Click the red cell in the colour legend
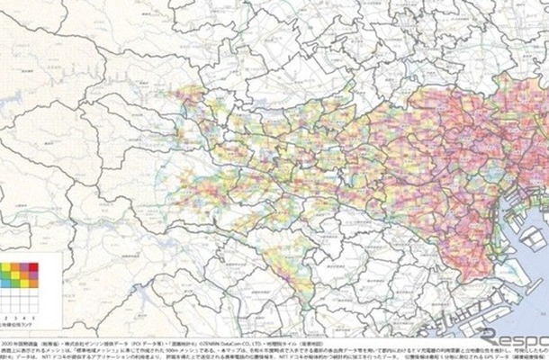click(32, 266)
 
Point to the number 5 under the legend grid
click(33, 319)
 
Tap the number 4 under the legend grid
click(23, 319)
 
